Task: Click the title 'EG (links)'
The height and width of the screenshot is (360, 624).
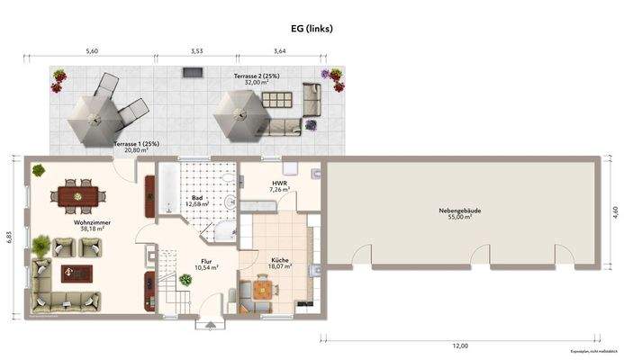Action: pos(312,29)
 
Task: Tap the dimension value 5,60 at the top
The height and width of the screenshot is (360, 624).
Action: pos(92,51)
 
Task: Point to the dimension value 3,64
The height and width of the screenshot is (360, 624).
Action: pos(279,51)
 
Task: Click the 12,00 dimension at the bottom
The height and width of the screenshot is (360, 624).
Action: pos(459,346)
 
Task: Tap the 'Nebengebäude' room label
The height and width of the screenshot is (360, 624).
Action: pos(459,211)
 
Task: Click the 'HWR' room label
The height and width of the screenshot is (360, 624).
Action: pos(279,183)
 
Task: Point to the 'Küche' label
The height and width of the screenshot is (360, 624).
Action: pos(280,260)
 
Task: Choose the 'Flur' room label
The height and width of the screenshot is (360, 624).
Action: pos(206,262)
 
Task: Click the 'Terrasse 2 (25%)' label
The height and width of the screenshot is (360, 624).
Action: pos(257,76)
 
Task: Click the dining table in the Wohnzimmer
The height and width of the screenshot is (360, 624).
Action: pos(77,193)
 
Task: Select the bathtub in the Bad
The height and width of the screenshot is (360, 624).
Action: pos(169,188)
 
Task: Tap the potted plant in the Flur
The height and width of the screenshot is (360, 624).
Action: pos(185,280)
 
